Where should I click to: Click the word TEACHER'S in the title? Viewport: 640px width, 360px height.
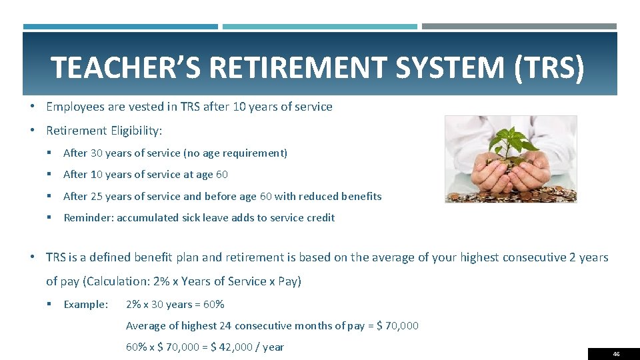[127, 67]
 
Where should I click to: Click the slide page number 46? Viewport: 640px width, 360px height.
[615, 354]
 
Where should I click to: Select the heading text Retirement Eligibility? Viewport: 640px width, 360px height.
[104, 130]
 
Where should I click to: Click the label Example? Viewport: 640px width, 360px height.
[85, 305]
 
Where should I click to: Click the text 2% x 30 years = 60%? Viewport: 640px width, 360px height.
[175, 305]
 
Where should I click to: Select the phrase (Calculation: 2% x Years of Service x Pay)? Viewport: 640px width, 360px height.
[192, 281]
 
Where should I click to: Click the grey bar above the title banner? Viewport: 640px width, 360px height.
[519, 27]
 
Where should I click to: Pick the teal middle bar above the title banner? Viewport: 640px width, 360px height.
[319, 27]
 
